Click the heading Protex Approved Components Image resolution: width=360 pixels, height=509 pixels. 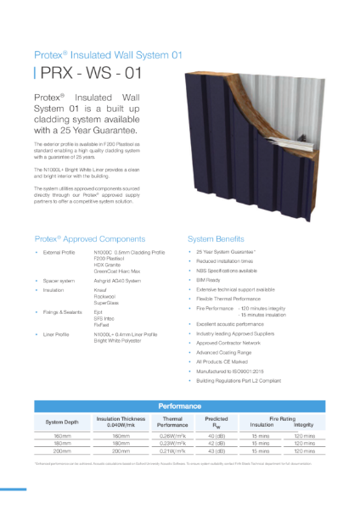90,238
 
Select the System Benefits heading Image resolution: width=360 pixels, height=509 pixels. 217,238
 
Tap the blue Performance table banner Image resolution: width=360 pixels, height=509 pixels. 179,407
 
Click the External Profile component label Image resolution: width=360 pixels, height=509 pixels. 59,253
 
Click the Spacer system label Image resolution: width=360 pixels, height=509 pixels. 59,279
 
